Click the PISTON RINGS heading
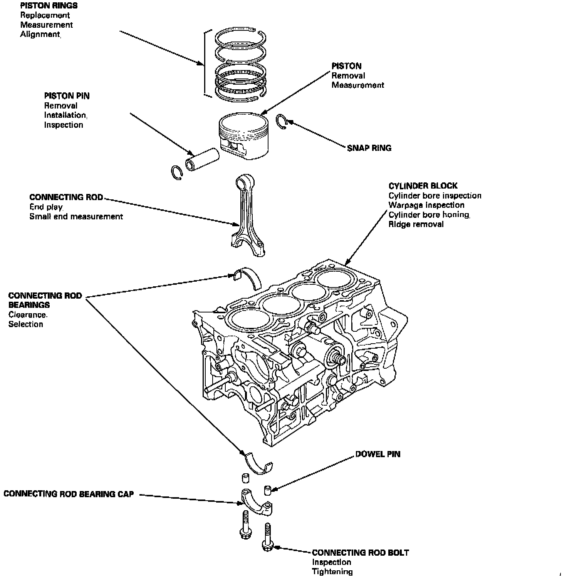(x=49, y=6)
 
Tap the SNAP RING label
(x=369, y=148)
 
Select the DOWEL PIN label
(x=377, y=454)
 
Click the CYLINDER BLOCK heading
(x=423, y=186)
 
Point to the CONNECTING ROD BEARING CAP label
(x=69, y=494)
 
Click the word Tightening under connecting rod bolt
(x=332, y=571)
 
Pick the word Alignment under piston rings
(x=40, y=35)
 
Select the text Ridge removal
(x=416, y=224)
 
